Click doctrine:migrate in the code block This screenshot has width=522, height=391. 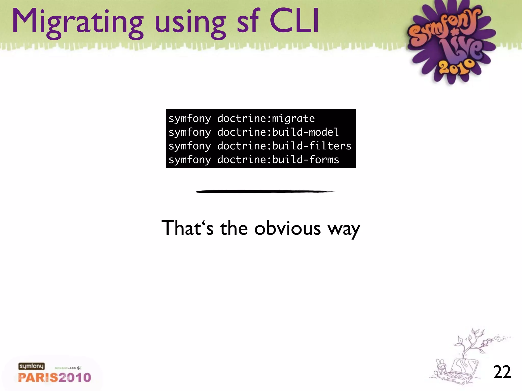pyautogui.click(x=266, y=119)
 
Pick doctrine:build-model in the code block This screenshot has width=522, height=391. pyautogui.click(x=278, y=132)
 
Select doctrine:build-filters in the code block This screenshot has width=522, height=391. pyautogui.click(x=284, y=146)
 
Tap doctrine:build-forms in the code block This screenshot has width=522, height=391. pyautogui.click(x=278, y=160)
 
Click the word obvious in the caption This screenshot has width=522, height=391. pyautogui.click(x=288, y=228)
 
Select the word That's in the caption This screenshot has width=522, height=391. pyautogui.click(x=188, y=228)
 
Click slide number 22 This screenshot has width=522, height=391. pyautogui.click(x=502, y=372)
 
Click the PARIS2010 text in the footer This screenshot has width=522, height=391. pyautogui.click(x=55, y=377)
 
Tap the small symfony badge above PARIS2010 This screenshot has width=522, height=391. pyautogui.click(x=31, y=366)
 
